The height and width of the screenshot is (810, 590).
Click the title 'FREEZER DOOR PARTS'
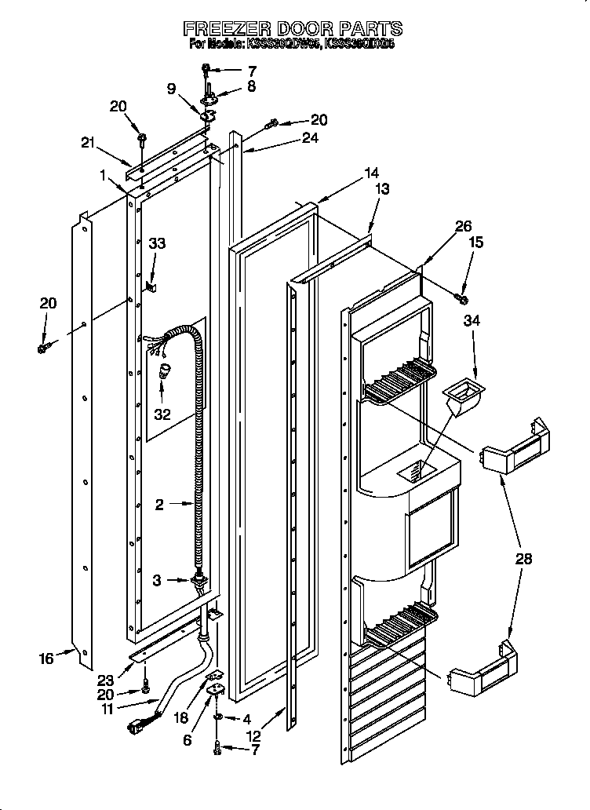293,29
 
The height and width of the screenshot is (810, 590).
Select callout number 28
523,559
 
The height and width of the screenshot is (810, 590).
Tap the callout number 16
46,658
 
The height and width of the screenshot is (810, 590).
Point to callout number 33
158,244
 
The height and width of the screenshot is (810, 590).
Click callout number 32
162,414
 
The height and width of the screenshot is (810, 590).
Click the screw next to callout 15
461,297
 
